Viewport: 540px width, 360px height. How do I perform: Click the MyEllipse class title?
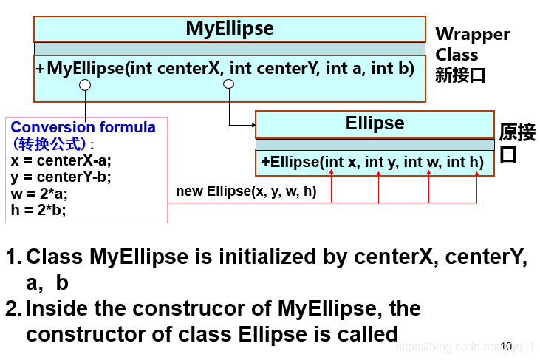point(229,29)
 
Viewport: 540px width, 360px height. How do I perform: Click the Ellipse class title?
point(375,123)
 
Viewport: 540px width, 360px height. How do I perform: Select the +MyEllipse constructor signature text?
point(225,69)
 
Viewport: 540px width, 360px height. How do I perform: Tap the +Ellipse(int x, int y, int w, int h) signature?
point(372,162)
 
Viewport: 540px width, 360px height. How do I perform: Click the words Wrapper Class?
point(472,44)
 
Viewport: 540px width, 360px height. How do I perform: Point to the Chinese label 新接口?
point(460,75)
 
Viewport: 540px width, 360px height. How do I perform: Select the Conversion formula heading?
point(83,127)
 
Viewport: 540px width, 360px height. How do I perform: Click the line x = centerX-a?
point(61,160)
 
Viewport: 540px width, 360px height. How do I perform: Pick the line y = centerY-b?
point(61,177)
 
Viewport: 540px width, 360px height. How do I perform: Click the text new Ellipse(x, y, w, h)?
point(246,192)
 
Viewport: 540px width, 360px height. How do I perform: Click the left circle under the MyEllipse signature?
point(85,85)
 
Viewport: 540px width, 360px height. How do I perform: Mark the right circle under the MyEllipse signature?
point(228,85)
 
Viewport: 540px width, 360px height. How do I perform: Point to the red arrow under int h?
point(476,174)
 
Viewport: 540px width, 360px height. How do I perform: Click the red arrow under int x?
point(332,174)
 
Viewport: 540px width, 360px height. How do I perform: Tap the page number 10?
point(506,346)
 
